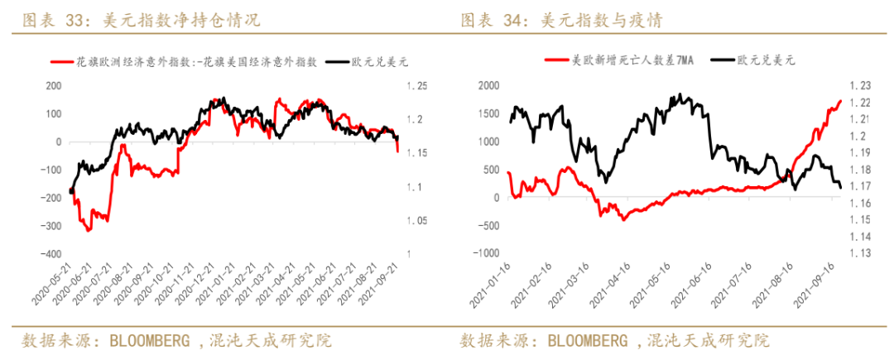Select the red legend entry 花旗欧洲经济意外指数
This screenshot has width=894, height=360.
[x=195, y=61]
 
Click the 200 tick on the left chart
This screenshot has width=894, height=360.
[x=54, y=86]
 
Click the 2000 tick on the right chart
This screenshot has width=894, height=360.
[x=489, y=86]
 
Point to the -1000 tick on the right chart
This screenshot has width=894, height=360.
[x=487, y=253]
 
